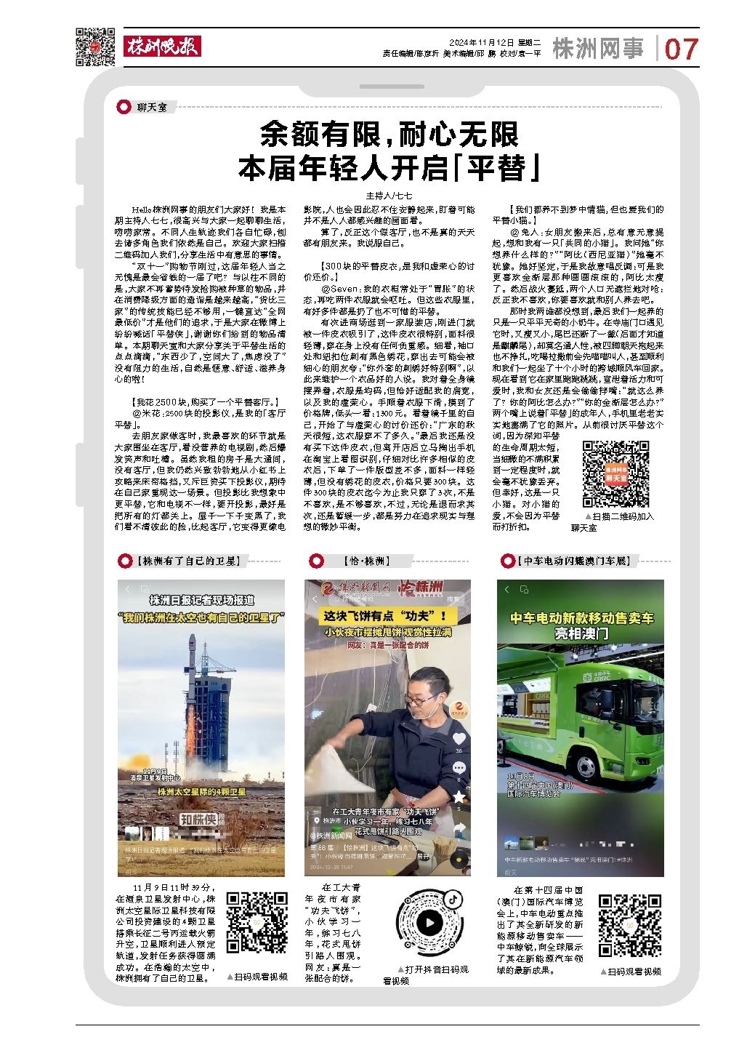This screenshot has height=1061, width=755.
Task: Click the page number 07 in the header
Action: pyautogui.click(x=681, y=49)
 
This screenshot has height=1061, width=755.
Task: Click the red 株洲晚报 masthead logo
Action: pyautogui.click(x=162, y=47)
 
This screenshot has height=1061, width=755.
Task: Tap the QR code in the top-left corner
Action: pyautogui.click(x=95, y=47)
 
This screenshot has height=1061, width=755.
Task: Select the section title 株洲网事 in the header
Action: pyautogui.click(x=598, y=49)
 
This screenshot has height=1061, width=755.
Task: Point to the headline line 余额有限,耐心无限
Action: pyautogui.click(x=391, y=135)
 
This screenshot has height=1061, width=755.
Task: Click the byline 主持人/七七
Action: pyautogui.click(x=389, y=196)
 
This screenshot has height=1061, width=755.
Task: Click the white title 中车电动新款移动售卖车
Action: pyautogui.click(x=581, y=618)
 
